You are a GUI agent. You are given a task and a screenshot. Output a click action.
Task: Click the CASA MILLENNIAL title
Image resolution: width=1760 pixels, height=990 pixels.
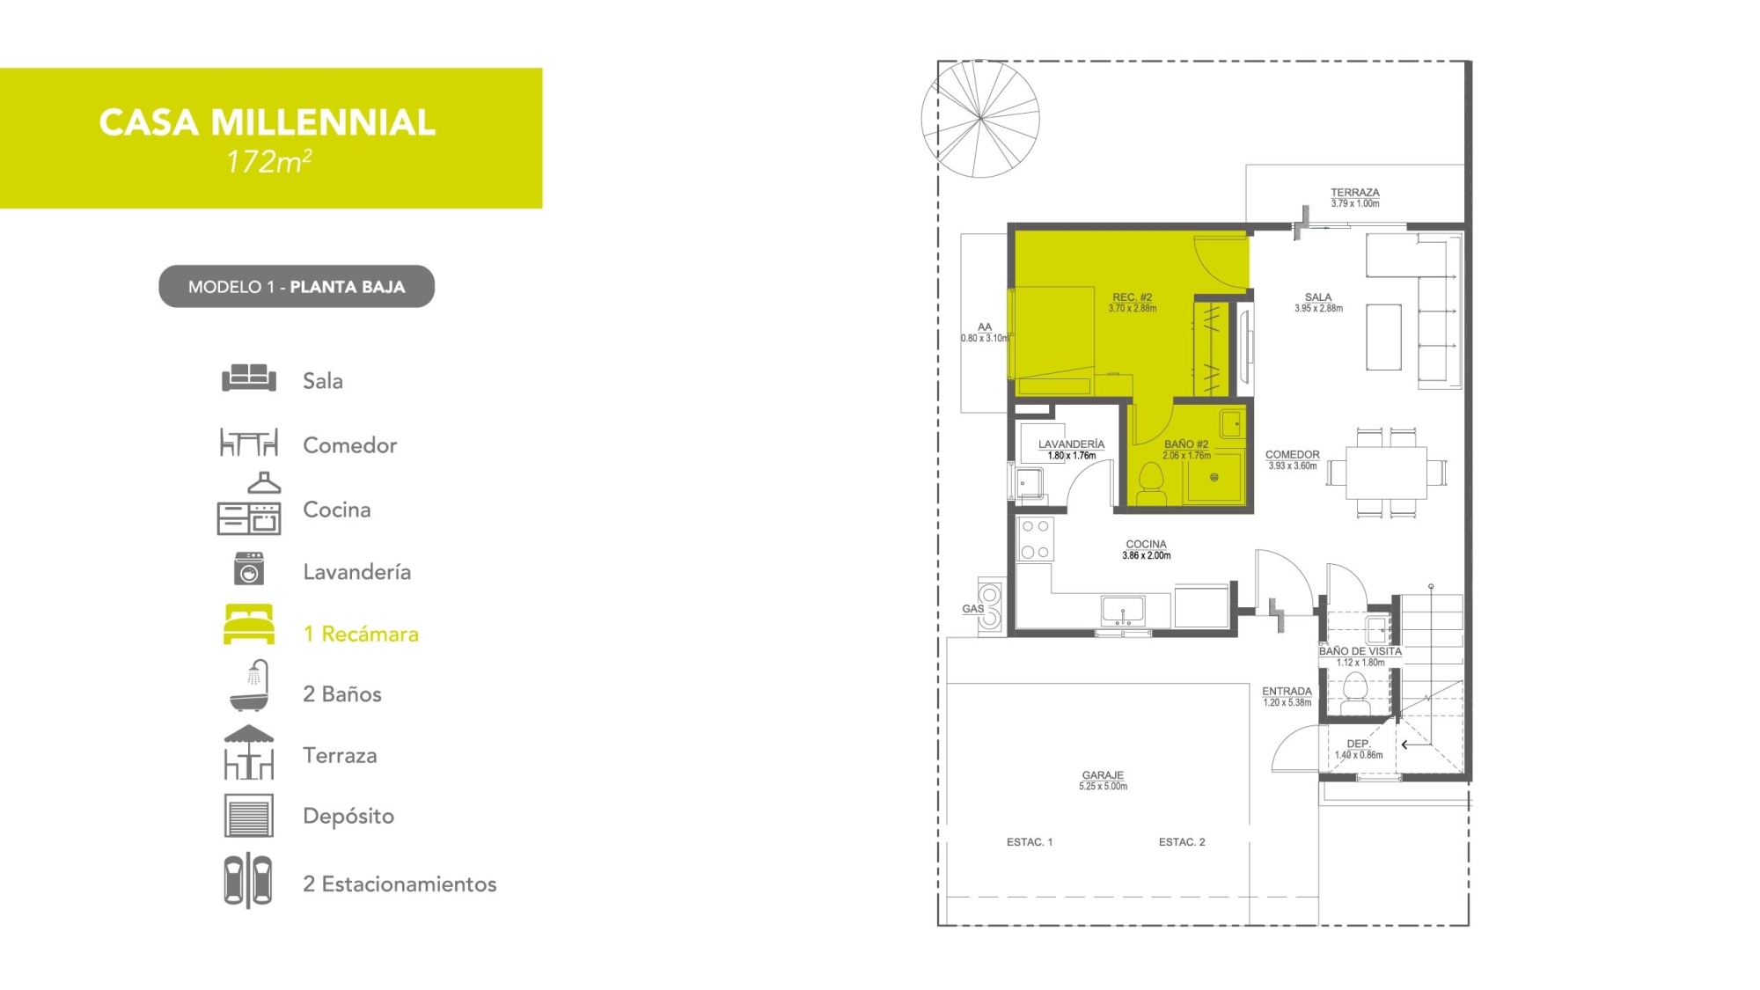coord(268,122)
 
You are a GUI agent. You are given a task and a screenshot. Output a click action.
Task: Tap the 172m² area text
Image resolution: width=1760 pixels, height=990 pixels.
coord(269,162)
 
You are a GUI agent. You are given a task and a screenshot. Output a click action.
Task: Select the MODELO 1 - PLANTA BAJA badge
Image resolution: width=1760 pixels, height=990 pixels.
coord(297,286)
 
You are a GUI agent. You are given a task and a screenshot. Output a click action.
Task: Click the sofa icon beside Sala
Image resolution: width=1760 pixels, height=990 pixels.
coord(249,378)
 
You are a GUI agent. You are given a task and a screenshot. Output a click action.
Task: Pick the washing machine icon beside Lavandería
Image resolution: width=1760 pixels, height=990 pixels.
coord(249,569)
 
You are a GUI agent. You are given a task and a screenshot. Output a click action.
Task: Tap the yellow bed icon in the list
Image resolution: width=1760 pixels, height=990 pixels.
coord(249,624)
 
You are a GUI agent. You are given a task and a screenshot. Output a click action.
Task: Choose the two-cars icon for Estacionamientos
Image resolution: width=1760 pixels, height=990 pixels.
coord(248,880)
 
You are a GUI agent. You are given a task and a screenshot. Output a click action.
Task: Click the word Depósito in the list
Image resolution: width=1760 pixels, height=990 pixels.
coord(348,816)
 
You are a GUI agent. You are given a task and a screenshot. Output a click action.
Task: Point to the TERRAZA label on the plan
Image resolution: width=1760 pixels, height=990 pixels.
coord(1354,192)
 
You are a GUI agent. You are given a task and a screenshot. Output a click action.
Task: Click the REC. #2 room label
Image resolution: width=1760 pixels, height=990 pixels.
coord(1132,297)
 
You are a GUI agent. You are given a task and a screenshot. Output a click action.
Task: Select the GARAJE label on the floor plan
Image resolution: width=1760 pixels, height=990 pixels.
coord(1103,775)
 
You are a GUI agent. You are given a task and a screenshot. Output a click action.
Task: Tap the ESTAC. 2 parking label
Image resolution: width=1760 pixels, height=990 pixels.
coord(1182,842)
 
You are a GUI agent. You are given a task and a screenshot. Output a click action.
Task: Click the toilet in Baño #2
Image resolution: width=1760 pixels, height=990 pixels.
coord(1151,484)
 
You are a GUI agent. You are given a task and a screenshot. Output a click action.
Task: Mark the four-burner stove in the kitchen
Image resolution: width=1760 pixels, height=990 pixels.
coord(1035,539)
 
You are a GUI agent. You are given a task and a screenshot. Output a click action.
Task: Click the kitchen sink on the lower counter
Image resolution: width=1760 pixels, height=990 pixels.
coord(1123,610)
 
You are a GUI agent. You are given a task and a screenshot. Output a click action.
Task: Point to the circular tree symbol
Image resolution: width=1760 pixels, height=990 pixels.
coord(980,119)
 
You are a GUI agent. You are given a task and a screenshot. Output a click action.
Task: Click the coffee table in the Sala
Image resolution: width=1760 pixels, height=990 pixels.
coord(1383,337)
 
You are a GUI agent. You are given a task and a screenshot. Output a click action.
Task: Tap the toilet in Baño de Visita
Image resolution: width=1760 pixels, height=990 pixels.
coord(1355,694)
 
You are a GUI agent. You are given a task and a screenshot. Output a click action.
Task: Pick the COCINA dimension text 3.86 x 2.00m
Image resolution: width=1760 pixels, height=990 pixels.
coord(1146,556)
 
